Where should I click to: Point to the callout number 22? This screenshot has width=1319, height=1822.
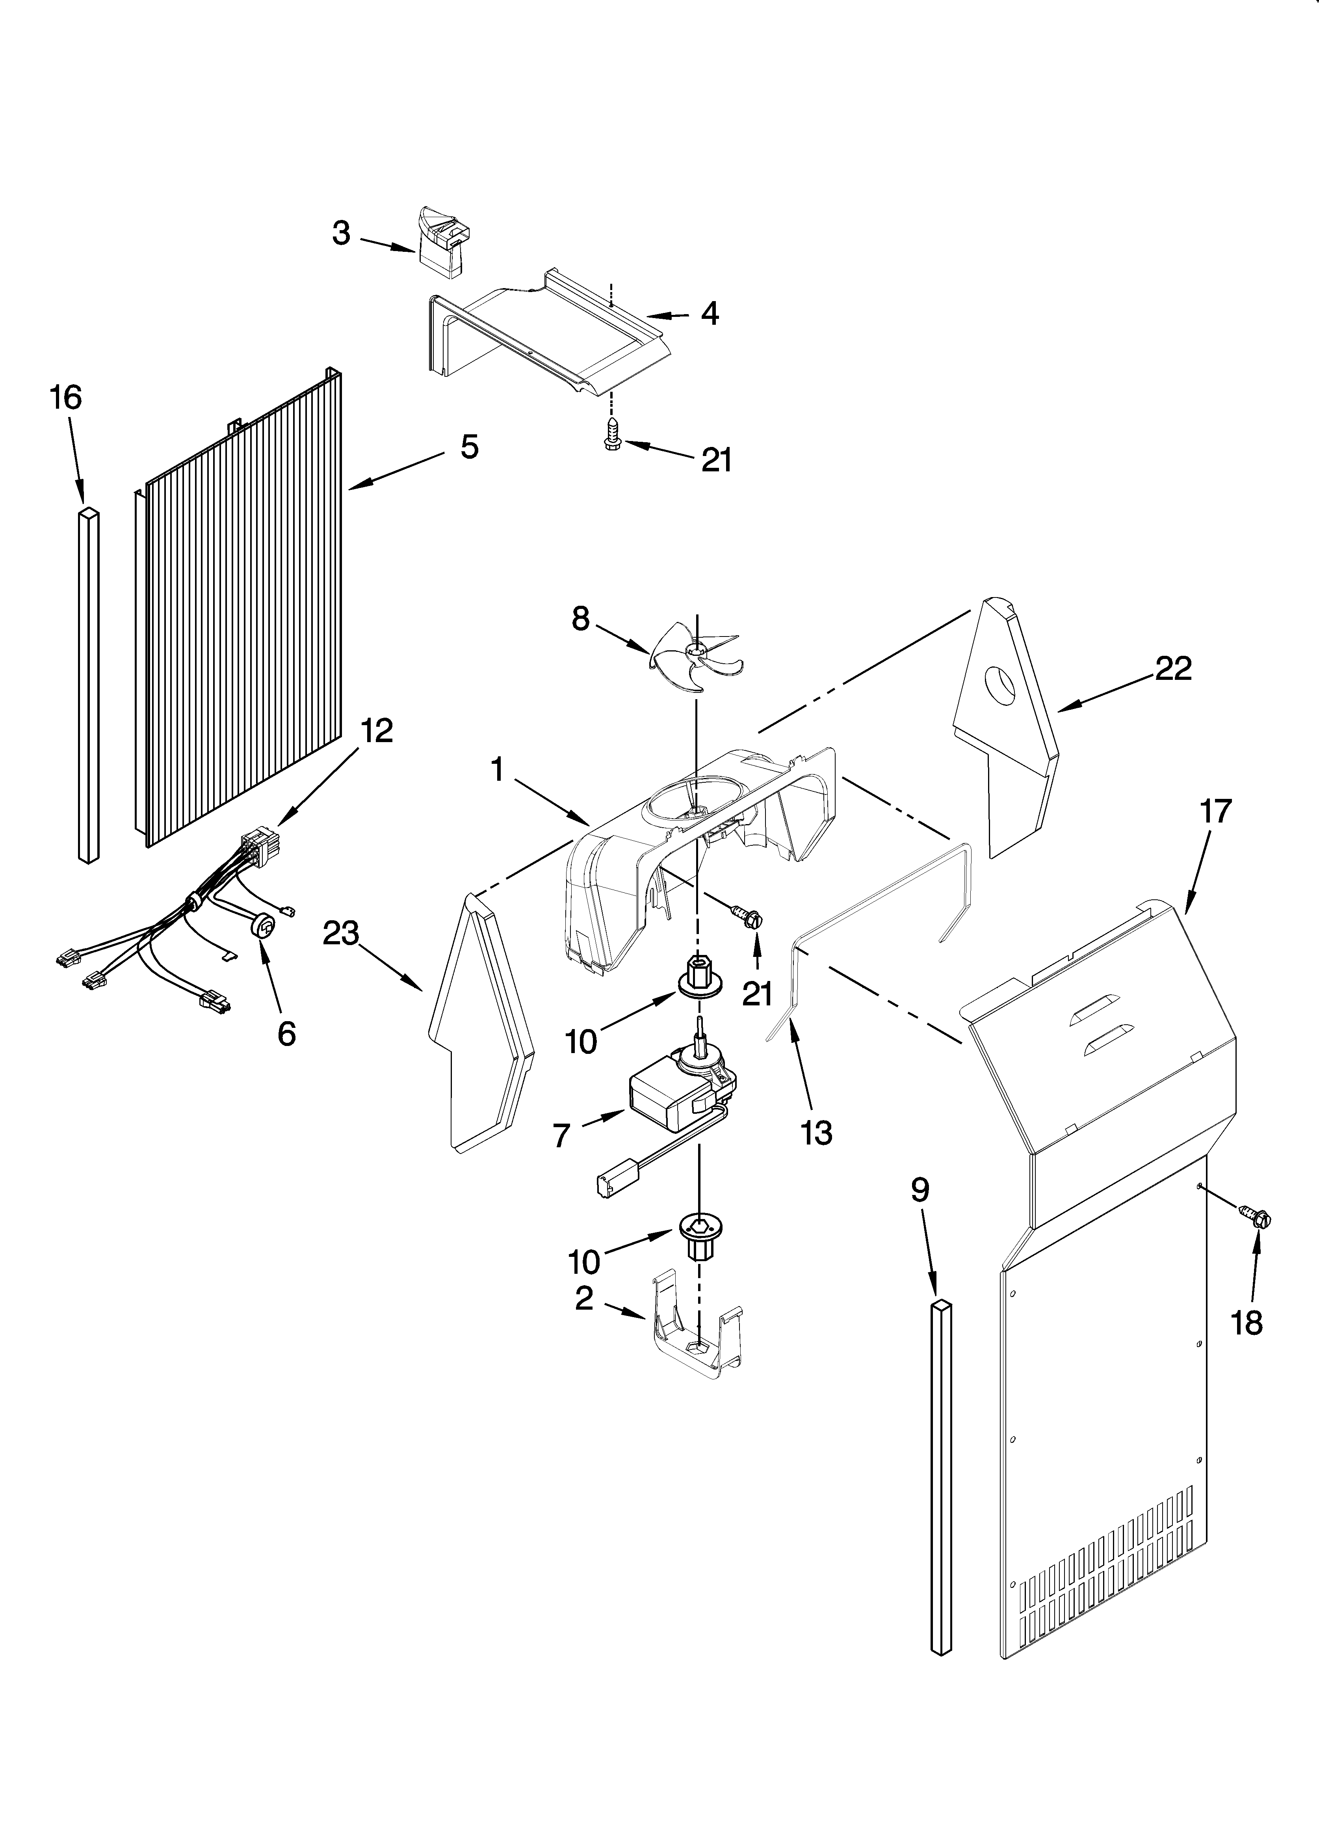point(1174,668)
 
